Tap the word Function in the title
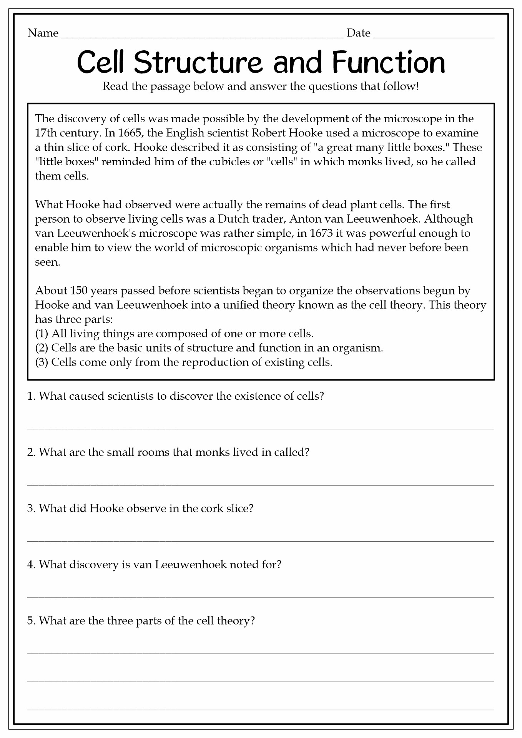click(x=388, y=62)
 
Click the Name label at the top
click(x=43, y=33)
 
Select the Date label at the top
click(x=358, y=33)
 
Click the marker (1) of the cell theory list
click(x=42, y=333)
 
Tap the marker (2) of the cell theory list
click(x=42, y=348)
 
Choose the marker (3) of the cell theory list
click(x=42, y=362)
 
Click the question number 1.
click(x=31, y=396)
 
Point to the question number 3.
click(x=31, y=509)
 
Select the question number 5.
click(x=31, y=621)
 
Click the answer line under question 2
click(x=261, y=485)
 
